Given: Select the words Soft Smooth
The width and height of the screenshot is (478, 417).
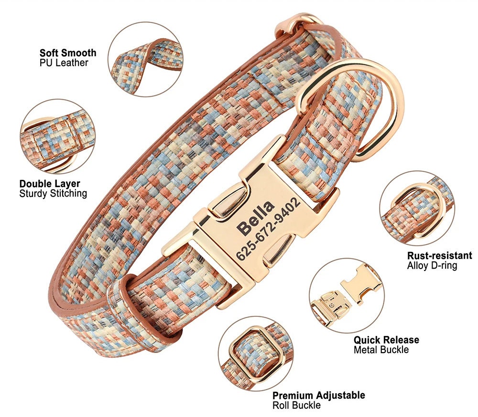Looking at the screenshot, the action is [x=68, y=53].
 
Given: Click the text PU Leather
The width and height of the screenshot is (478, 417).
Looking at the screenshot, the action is [x=64, y=63].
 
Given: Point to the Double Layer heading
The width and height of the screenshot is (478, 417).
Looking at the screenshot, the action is [x=50, y=184].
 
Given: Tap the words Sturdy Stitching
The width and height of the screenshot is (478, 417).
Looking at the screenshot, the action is [x=53, y=194].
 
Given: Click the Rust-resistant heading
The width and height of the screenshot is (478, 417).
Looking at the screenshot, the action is [x=440, y=255].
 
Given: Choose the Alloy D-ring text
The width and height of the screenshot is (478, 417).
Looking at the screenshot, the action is [x=432, y=265].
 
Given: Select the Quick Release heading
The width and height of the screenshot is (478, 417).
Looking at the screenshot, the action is [x=386, y=340].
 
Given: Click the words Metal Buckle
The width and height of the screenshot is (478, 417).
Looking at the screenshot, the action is [x=381, y=350].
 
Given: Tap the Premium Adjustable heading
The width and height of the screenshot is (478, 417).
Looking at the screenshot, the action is [x=318, y=396].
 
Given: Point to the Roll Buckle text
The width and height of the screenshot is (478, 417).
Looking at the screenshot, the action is [x=296, y=406].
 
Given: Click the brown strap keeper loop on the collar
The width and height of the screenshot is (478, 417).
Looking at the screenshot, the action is [x=143, y=307].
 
